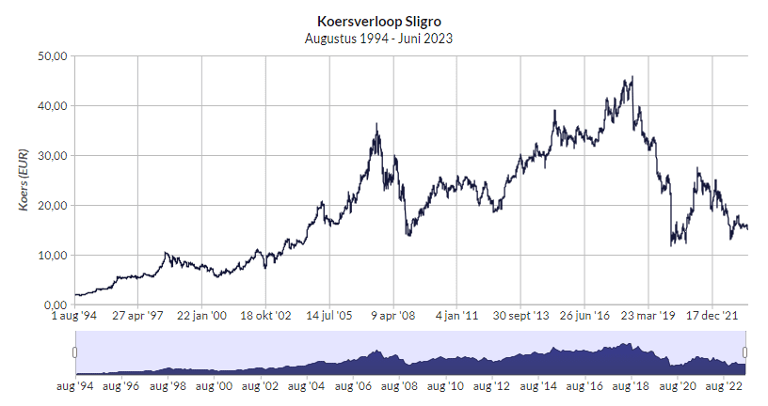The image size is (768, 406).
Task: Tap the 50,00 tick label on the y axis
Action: point(51,56)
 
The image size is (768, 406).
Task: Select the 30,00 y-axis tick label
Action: point(51,156)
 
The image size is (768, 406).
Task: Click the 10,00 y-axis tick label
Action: point(51,256)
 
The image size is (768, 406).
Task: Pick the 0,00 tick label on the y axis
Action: point(54,305)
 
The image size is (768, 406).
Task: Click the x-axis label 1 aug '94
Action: point(74,317)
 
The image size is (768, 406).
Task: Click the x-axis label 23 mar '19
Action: point(648,317)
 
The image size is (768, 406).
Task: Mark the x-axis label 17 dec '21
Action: point(712,317)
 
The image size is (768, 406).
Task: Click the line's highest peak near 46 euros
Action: point(632,77)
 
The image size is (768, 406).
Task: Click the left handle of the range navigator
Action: point(74,351)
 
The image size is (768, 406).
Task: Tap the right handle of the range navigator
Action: point(748,351)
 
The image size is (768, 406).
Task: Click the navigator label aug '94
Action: point(74,385)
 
